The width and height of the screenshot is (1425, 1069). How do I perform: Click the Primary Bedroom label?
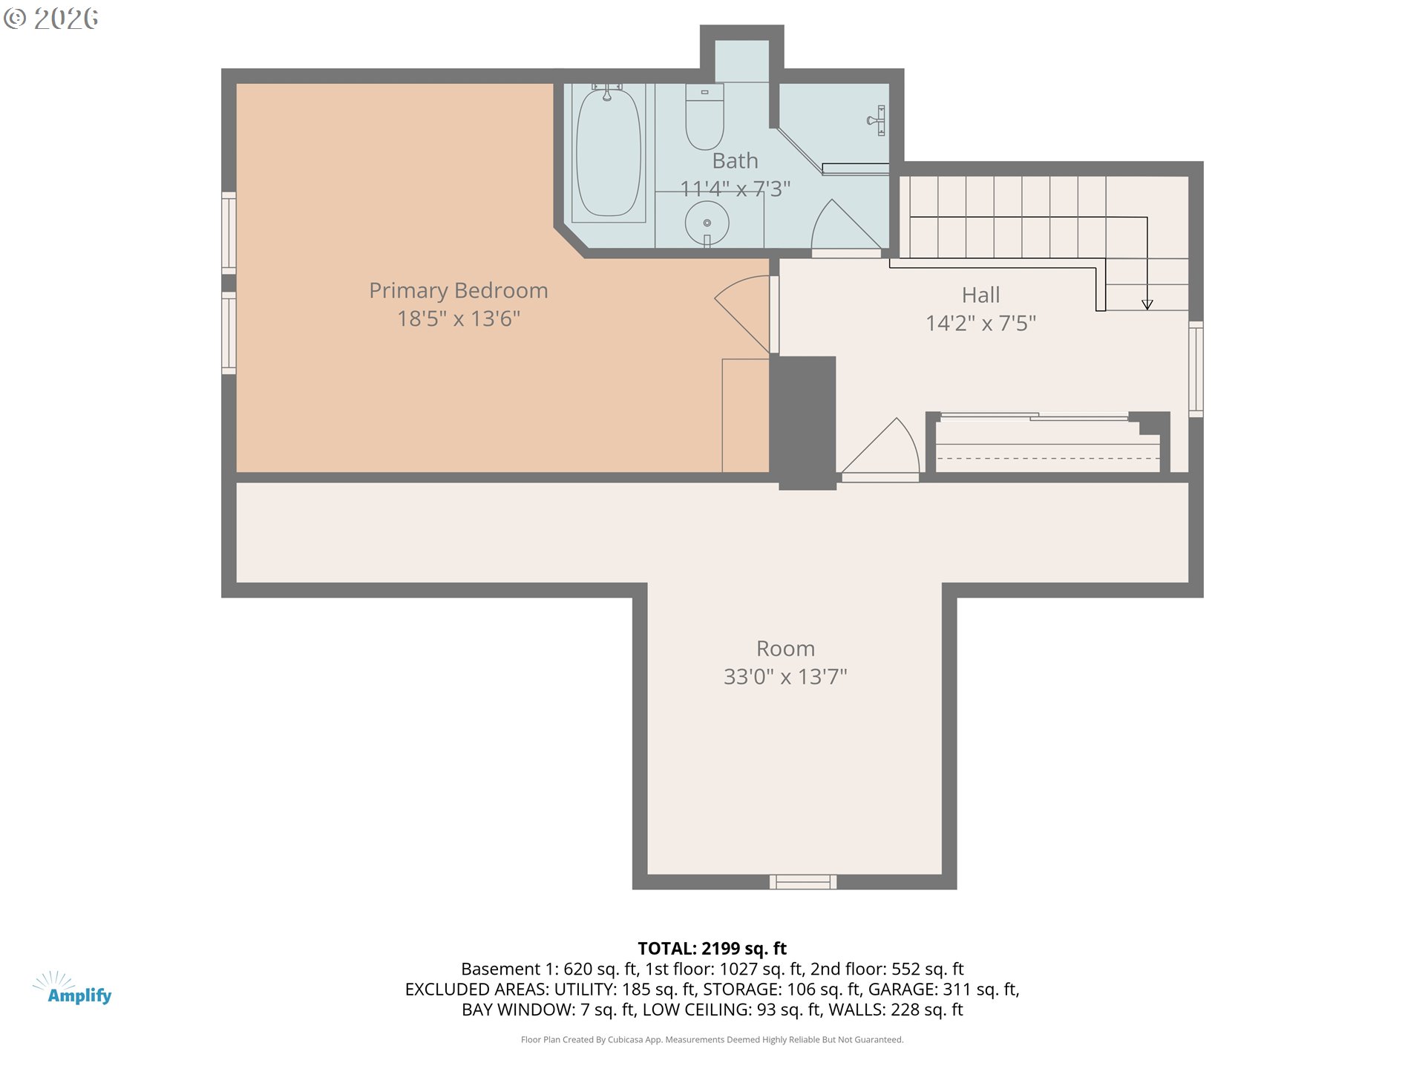click(458, 290)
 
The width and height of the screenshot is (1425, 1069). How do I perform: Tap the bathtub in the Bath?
click(609, 153)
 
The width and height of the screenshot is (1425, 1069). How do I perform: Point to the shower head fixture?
click(876, 120)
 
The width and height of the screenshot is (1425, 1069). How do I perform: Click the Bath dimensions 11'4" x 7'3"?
click(735, 189)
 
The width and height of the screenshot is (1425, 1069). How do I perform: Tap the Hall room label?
click(980, 295)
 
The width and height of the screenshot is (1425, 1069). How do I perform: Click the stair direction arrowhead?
click(1147, 304)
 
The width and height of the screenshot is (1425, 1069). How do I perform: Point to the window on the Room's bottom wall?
click(802, 882)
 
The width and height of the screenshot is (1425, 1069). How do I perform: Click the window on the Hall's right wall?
click(1196, 368)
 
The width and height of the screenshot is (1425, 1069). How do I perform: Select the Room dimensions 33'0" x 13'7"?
click(785, 676)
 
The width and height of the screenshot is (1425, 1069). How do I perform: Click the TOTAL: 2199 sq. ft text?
click(712, 948)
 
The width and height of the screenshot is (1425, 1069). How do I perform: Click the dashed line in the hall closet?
click(1047, 459)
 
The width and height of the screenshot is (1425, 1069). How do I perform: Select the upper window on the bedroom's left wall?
click(229, 232)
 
